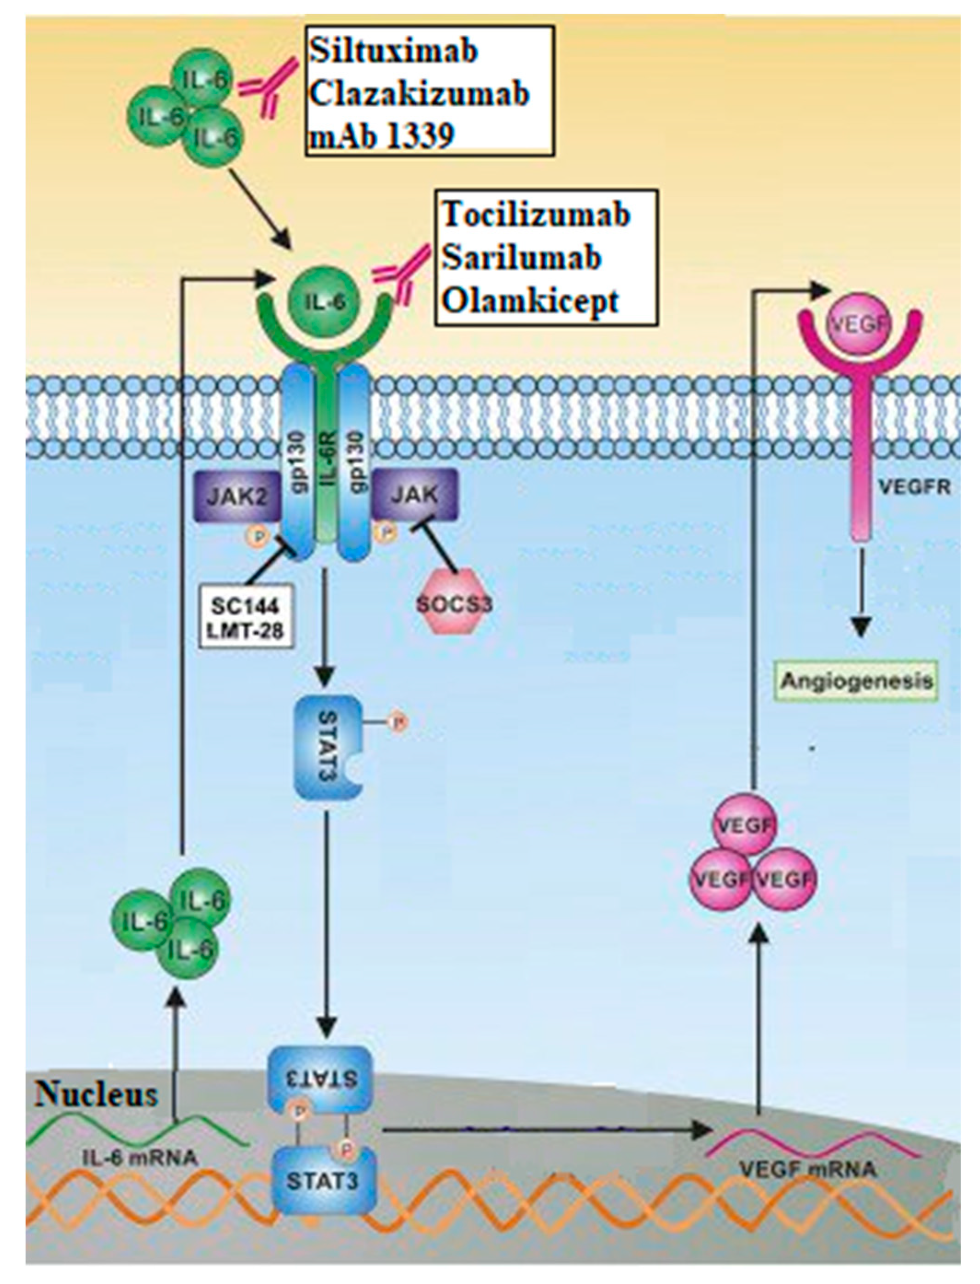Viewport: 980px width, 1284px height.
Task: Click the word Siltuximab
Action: (x=393, y=51)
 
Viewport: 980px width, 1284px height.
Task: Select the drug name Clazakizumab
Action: (x=419, y=94)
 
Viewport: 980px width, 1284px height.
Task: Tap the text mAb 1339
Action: (x=381, y=136)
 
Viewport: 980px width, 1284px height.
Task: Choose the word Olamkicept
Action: (x=530, y=301)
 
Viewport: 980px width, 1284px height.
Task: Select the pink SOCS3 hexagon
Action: (x=454, y=603)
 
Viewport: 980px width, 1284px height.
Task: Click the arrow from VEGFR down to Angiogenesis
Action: (x=860, y=589)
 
